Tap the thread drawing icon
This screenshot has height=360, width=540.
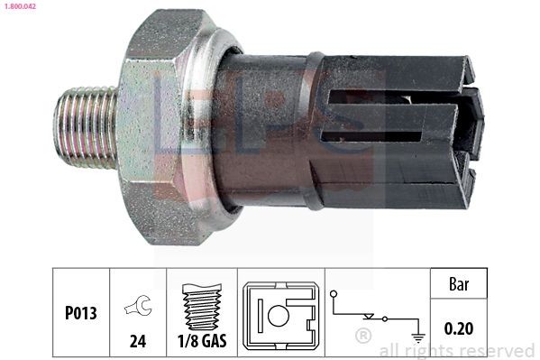tap(200, 306)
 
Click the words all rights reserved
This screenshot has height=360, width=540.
tap(457, 350)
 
